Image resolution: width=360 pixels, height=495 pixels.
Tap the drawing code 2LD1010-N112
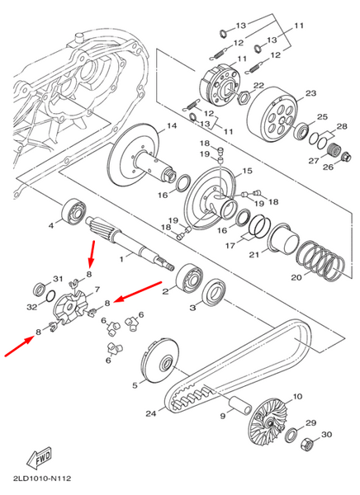pyautogui.click(x=42, y=478)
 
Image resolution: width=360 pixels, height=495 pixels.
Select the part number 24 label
pyautogui.click(x=151, y=413)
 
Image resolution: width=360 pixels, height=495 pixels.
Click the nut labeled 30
pyautogui.click(x=306, y=444)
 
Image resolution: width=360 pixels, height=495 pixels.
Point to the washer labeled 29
pyautogui.click(x=291, y=435)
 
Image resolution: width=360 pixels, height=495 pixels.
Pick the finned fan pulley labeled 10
pyautogui.click(x=268, y=421)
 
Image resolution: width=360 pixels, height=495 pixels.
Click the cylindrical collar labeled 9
pyautogui.click(x=239, y=405)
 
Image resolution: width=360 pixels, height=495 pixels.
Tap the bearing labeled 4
pyautogui.click(x=73, y=211)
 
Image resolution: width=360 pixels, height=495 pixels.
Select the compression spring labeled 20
pyautogui.click(x=320, y=260)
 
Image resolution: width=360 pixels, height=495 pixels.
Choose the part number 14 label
pyautogui.click(x=172, y=126)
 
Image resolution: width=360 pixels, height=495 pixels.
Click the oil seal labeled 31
pyautogui.click(x=40, y=290)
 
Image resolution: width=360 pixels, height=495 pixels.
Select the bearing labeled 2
pyautogui.click(x=189, y=279)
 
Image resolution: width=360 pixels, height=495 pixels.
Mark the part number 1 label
pyautogui.click(x=121, y=259)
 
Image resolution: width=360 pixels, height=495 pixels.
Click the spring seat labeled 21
pyautogui.click(x=283, y=238)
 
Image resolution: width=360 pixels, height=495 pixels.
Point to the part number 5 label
pyautogui.click(x=135, y=385)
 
